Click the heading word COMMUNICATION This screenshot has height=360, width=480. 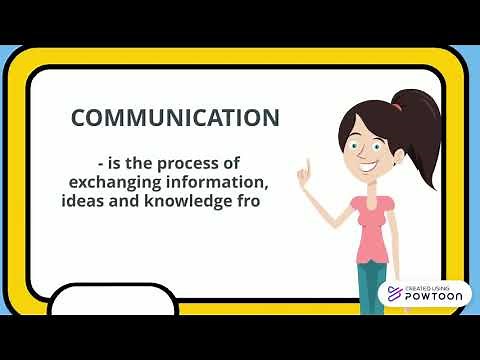[175, 117]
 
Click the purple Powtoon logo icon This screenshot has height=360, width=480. [395, 293]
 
